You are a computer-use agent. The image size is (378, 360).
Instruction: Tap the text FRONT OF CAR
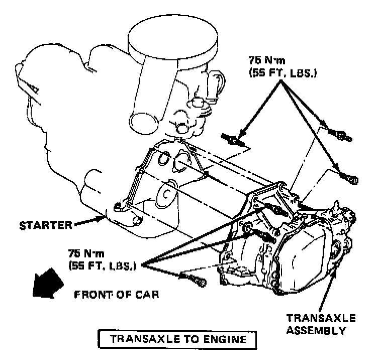coord(117,294)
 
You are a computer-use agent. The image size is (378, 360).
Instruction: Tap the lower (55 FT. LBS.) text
coord(104,265)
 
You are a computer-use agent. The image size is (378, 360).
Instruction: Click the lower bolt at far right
coord(349,176)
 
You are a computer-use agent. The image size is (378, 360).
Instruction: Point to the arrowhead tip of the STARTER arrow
coord(106,218)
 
